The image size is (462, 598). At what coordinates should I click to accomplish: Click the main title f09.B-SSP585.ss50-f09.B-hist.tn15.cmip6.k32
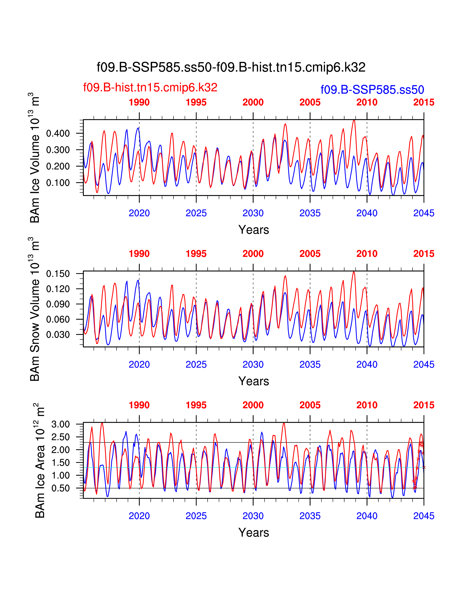[x=231, y=67]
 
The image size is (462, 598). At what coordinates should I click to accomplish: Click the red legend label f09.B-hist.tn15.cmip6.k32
[x=150, y=87]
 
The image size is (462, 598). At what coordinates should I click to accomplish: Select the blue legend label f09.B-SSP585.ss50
[x=372, y=90]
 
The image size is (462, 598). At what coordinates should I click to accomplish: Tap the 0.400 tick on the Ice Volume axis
[x=58, y=134]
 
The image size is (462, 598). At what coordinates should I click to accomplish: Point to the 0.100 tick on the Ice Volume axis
[x=58, y=183]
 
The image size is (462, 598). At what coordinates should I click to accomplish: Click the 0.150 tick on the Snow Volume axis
[x=58, y=273]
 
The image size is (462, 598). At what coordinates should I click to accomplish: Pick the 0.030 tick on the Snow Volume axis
[x=58, y=335]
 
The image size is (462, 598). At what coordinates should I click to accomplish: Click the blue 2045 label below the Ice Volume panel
[x=424, y=213]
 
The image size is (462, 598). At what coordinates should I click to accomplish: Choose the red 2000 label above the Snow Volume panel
[x=253, y=254]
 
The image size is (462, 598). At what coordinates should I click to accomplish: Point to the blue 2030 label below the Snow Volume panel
[x=253, y=364]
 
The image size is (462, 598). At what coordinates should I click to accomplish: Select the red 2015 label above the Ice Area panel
[x=424, y=405]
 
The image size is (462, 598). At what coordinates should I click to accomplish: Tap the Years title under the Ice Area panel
[x=253, y=533]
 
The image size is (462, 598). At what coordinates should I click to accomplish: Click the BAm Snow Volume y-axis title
[x=35, y=309]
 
